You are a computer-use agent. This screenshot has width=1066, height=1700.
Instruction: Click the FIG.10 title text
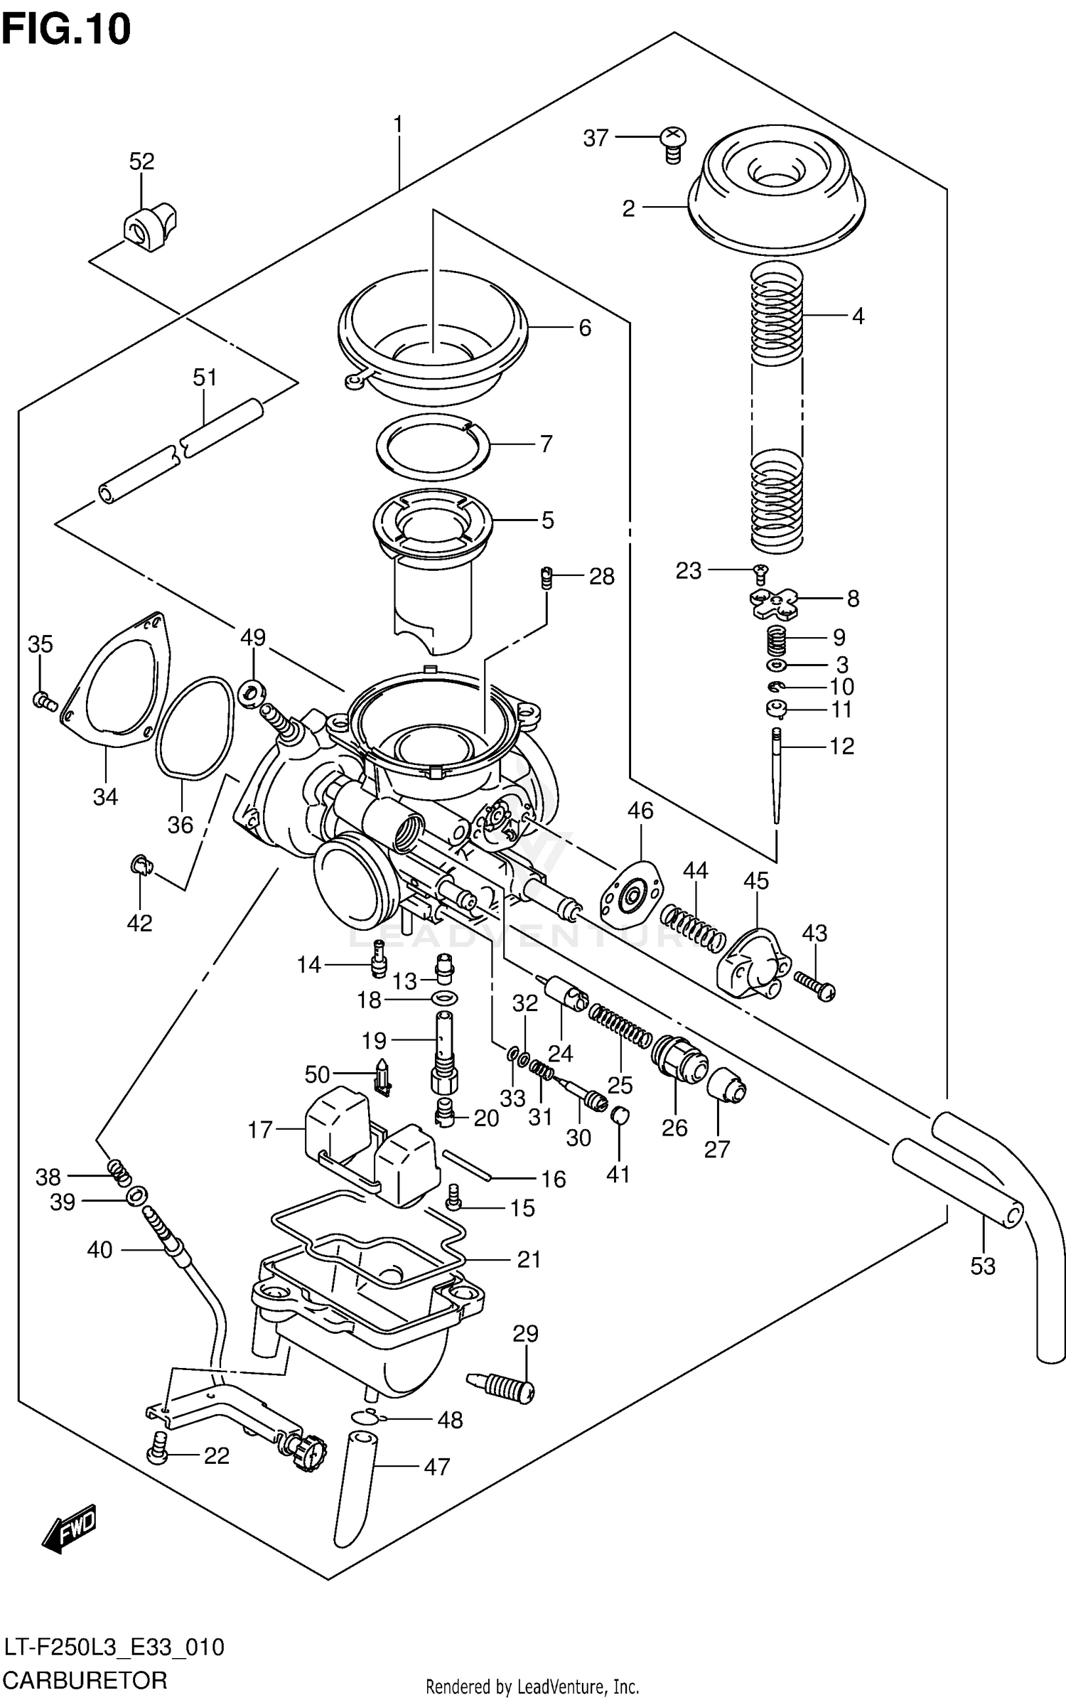coord(66,30)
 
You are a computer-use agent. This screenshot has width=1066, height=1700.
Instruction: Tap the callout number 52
coord(141,161)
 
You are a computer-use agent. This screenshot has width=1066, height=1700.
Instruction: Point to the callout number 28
coord(601,576)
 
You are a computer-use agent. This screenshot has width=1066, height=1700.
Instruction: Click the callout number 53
coord(983,1266)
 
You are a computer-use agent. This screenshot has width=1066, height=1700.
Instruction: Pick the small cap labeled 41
coord(620,1115)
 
